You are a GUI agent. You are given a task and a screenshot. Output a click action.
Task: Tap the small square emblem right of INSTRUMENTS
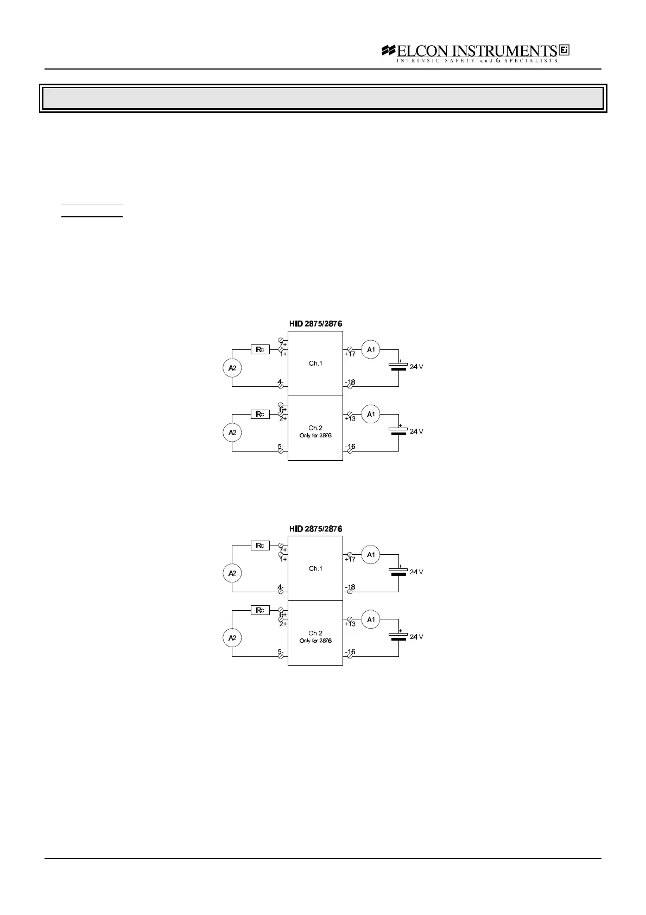[564, 50]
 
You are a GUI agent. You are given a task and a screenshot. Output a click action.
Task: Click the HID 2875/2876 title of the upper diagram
[315, 324]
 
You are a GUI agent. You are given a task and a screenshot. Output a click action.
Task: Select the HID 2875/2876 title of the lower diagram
[315, 529]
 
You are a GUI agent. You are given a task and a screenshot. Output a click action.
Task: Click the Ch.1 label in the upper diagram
[315, 364]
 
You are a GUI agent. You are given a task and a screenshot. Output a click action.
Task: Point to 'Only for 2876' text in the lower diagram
[315, 641]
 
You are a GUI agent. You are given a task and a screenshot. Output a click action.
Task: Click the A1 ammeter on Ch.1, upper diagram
[371, 349]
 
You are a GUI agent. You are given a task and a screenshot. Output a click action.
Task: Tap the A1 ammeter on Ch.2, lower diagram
[371, 619]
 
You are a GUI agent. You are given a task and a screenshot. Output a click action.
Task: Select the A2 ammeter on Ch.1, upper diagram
[232, 368]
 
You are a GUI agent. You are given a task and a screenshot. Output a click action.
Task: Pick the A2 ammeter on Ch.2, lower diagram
[232, 638]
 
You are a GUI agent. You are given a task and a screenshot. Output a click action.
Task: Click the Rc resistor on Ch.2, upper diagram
[260, 414]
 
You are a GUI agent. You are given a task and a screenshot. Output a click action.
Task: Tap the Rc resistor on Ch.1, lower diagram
[260, 546]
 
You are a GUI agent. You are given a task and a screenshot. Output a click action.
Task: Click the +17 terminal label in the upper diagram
[350, 354]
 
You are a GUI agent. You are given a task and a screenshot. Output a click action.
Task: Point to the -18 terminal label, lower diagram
[350, 587]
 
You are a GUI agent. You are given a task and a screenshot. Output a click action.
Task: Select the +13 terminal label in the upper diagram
[350, 419]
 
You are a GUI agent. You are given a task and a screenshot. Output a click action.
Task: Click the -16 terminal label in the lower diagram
[350, 652]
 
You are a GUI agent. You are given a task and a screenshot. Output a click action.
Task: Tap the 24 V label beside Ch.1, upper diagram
[416, 367]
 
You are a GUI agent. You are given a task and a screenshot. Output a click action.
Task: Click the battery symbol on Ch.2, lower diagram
[399, 636]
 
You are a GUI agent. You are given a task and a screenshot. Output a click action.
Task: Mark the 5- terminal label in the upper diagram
[281, 447]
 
